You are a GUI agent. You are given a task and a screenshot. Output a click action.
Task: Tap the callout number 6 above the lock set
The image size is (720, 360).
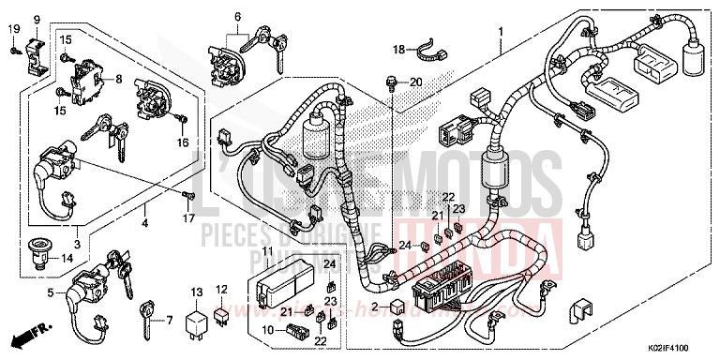pos(237,17)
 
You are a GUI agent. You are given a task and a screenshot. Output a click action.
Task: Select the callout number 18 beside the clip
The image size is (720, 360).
pos(398,49)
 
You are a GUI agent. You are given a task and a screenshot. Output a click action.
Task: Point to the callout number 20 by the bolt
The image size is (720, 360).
pos(416,82)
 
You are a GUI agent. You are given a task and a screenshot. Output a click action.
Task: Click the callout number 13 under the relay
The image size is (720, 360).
pos(195,292)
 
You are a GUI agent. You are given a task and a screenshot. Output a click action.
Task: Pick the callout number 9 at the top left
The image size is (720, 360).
pos(37,20)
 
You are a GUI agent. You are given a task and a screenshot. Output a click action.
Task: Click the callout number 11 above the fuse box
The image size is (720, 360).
pos(266,251)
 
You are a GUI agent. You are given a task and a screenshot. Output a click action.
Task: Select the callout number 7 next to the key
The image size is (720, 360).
pos(169,321)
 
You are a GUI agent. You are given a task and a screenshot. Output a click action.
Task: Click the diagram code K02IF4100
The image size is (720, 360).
pos(682,349)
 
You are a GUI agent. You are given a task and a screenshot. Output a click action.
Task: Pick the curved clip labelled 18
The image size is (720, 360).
pos(427,43)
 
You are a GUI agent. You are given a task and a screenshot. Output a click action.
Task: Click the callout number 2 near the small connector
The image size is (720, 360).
pos(373,306)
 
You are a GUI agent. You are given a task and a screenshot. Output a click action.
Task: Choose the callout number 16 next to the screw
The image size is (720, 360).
pos(184,142)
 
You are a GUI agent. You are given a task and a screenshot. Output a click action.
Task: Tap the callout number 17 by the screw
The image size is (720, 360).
pos(187,218)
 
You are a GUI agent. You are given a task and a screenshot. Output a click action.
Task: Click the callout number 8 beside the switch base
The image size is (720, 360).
pos(118,80)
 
